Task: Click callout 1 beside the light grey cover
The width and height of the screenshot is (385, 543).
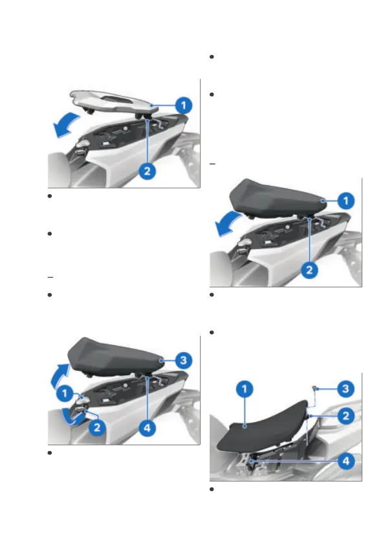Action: [184, 105]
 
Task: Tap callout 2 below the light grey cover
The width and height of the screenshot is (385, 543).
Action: [147, 171]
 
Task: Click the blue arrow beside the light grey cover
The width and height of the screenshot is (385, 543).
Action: [66, 125]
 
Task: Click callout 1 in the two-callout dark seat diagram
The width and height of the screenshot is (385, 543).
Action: [346, 201]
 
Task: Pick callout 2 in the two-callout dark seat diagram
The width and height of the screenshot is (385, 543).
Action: [309, 270]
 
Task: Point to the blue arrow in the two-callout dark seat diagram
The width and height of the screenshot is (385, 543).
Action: [228, 225]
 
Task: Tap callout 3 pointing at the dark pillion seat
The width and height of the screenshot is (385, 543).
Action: [184, 360]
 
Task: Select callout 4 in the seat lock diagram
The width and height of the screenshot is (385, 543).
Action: [147, 428]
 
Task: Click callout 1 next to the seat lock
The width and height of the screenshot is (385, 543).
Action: [65, 393]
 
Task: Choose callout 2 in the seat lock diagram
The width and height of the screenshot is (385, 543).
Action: [97, 427]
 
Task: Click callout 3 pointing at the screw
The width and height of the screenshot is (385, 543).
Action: [346, 388]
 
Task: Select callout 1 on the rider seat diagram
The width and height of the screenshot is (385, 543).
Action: [245, 389]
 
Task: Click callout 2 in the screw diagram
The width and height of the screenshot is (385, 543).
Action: [346, 416]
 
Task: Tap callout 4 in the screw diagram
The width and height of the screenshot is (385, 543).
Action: [346, 461]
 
